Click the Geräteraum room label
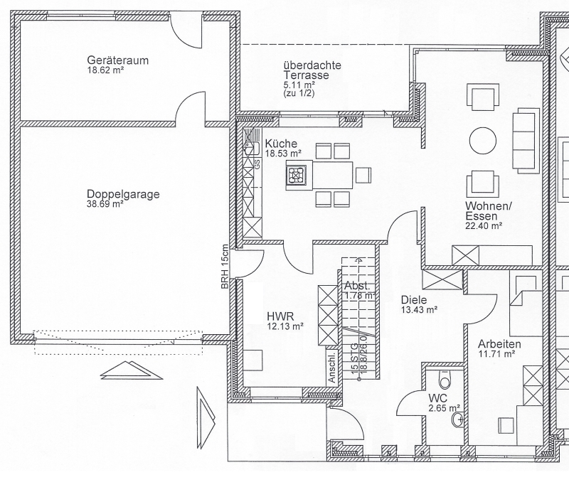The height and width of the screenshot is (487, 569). point(118,60)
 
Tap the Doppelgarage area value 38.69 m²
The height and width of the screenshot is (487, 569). point(105,204)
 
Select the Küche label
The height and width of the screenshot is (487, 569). point(281,144)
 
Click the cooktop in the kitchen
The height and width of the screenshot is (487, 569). point(297,176)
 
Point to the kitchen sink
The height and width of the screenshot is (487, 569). point(251,149)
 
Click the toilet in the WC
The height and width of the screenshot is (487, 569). point(445,380)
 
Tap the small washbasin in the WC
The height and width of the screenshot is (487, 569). point(457,420)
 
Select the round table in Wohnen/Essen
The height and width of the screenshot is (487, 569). point(483,141)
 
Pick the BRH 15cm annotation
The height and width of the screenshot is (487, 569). point(225,267)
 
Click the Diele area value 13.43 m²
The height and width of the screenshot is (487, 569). point(419,310)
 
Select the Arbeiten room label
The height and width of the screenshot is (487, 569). point(499,344)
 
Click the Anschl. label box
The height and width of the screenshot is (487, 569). point(332,366)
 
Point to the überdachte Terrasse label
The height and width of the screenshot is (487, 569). point(312,70)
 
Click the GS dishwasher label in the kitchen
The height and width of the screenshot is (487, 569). point(257,164)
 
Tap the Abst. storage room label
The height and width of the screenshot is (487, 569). point(358,285)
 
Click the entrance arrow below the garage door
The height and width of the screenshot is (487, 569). point(131,370)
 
